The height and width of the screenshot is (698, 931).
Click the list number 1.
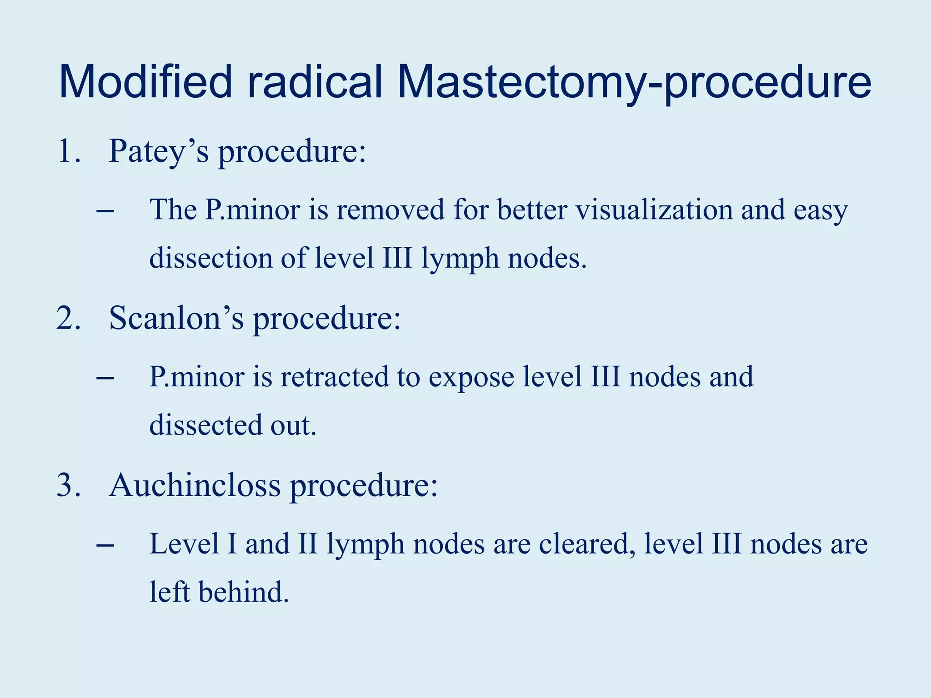point(69,151)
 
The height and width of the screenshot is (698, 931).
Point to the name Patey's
point(159,152)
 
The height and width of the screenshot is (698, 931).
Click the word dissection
point(211,258)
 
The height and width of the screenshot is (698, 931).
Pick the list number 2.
point(69,318)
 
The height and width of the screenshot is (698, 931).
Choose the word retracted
point(335,377)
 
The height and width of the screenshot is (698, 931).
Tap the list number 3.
point(69,485)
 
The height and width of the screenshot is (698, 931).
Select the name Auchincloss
point(195,485)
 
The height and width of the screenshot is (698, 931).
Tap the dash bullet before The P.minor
point(105,211)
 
